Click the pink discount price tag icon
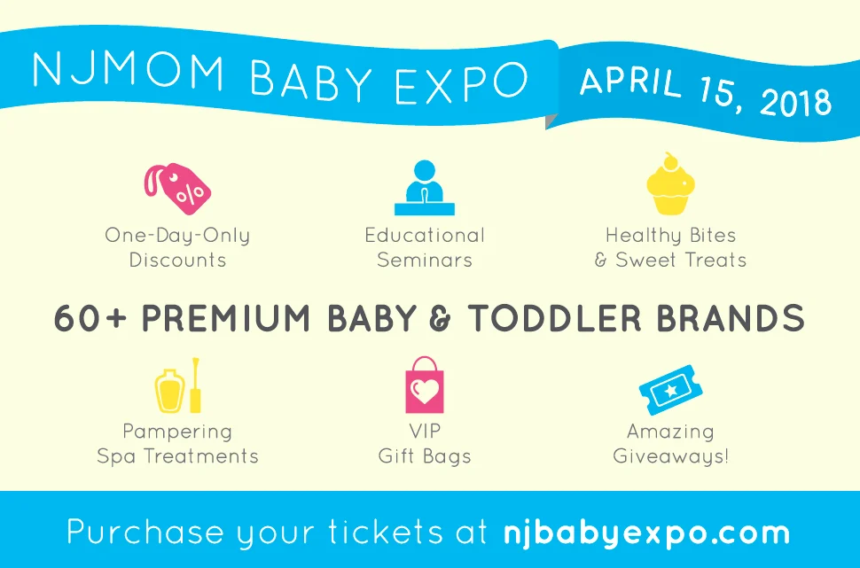tap(177, 188)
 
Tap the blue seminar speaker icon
tap(425, 188)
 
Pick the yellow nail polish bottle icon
tap(177, 385)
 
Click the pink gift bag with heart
tap(425, 385)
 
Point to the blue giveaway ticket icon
tap(671, 390)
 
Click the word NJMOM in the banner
tap(128, 70)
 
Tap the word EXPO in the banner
tap(461, 83)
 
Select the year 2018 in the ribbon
tap(796, 100)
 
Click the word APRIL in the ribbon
tap(630, 82)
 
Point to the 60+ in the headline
tap(90, 318)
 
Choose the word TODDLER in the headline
tap(554, 318)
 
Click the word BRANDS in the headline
tap(731, 318)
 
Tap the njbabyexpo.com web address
tap(646, 533)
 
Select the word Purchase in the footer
tap(145, 532)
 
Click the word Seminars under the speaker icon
tap(425, 260)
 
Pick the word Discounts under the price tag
tap(177, 260)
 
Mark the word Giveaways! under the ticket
tap(671, 456)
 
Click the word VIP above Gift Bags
tap(425, 431)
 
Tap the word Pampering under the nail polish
tap(177, 432)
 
